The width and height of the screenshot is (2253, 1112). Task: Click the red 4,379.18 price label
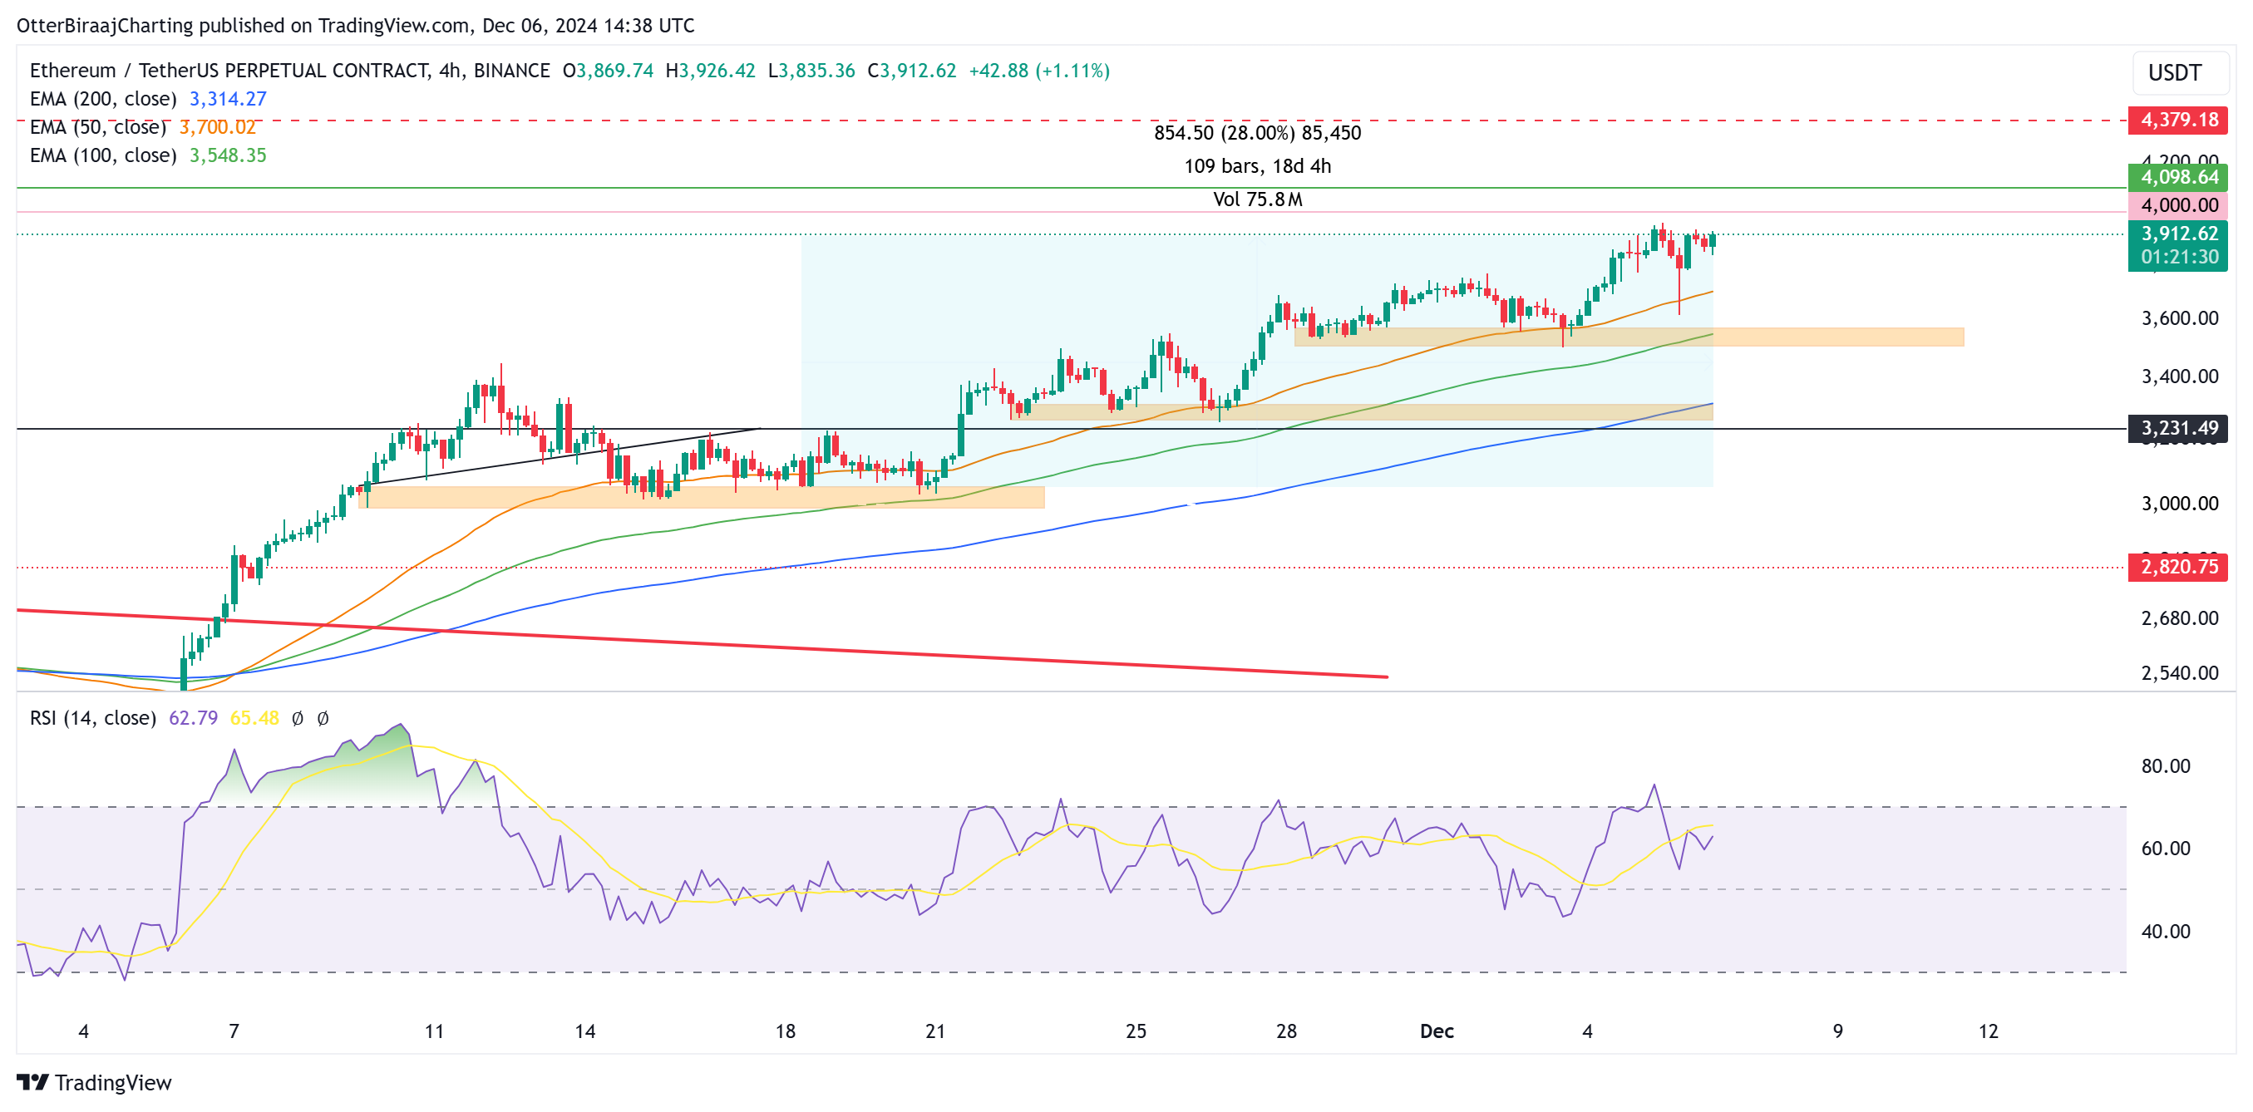[x=2178, y=120]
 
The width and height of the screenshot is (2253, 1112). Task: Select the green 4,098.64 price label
[x=2178, y=178]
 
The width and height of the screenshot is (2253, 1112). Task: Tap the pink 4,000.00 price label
[x=2178, y=205]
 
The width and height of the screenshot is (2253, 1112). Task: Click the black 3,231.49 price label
[x=2178, y=428]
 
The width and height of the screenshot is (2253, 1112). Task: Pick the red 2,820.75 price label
[x=2178, y=567]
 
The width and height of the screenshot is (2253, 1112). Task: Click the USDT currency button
[x=2174, y=72]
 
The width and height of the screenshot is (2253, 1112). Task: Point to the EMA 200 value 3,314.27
[x=228, y=99]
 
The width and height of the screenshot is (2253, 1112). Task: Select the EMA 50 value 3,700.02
[x=217, y=128]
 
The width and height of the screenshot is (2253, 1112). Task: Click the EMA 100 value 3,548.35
[x=228, y=155]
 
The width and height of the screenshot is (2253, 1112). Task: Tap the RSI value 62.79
[x=192, y=718]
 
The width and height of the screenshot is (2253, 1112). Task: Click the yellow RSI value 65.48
[x=254, y=718]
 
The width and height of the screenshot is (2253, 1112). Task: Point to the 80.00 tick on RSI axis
[x=2166, y=765]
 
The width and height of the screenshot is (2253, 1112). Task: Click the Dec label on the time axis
[x=1436, y=1031]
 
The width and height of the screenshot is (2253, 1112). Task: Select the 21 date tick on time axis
[x=935, y=1031]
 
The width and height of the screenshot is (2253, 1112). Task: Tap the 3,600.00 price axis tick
[x=2179, y=318]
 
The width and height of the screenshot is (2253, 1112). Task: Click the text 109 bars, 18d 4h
[x=1257, y=166]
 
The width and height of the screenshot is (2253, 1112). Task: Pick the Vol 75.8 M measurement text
[x=1257, y=199]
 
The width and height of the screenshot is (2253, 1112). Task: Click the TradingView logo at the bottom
[x=95, y=1082]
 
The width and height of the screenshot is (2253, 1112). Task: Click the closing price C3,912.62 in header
[x=911, y=71]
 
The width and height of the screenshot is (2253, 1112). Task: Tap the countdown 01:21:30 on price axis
[x=2179, y=257]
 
